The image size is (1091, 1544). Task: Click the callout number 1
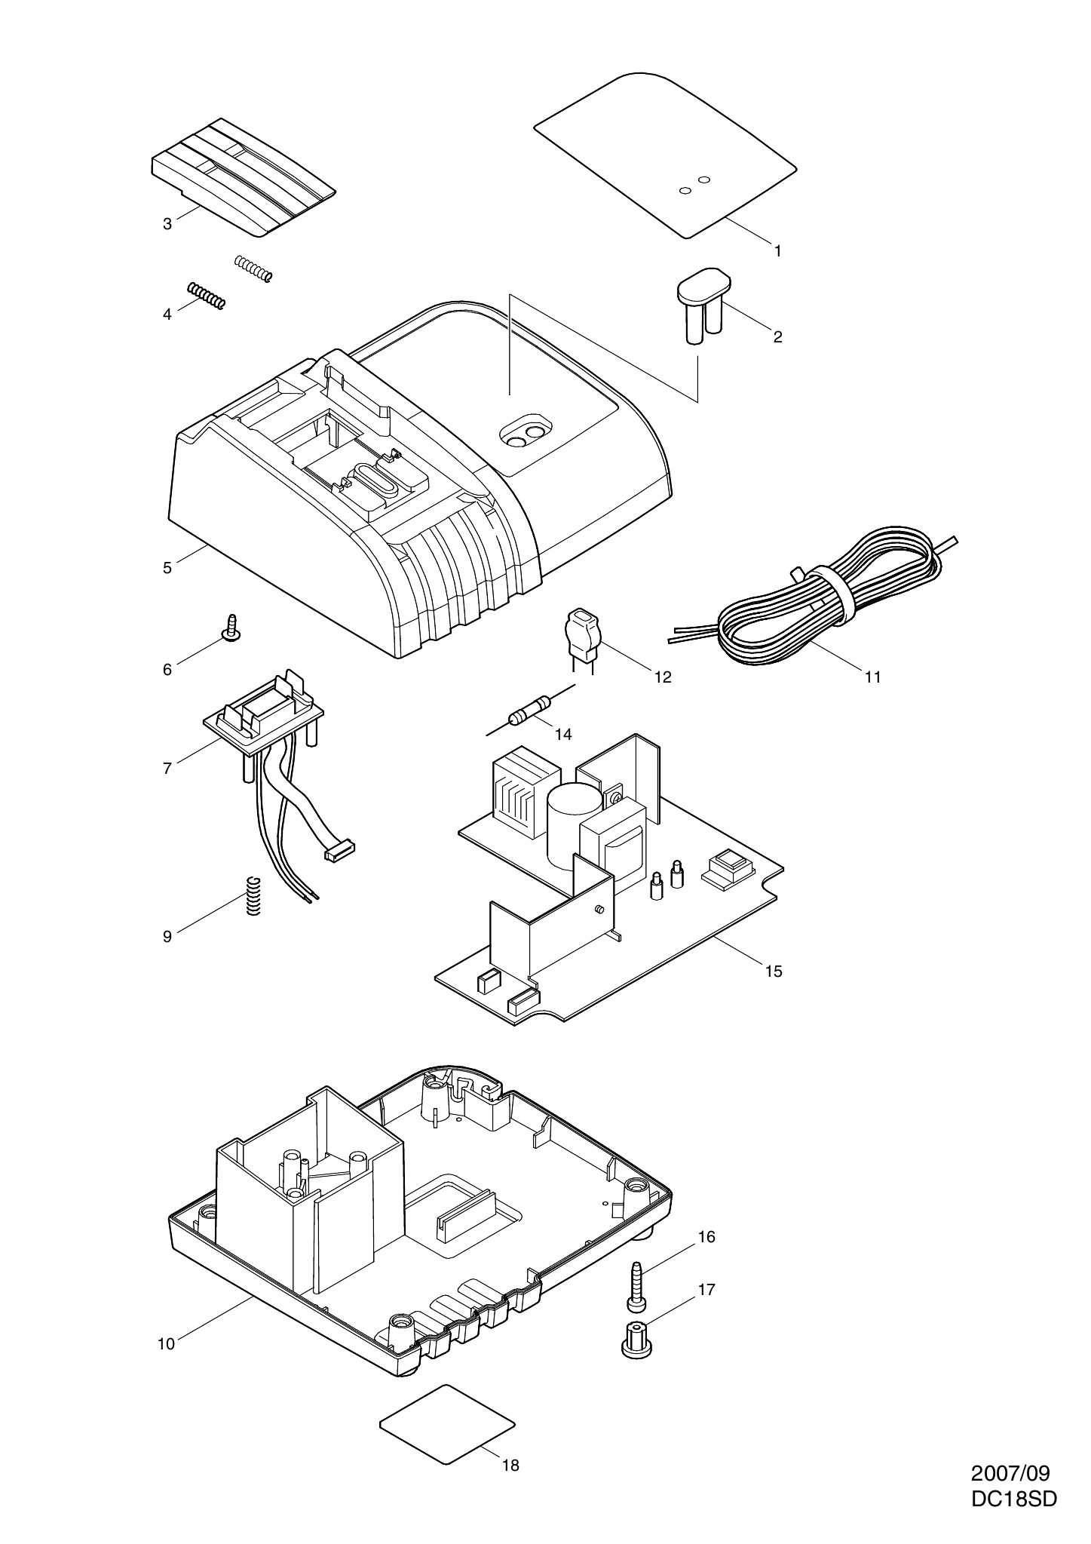tap(777, 250)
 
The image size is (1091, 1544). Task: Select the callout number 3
tap(167, 223)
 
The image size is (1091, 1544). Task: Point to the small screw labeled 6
tap(231, 628)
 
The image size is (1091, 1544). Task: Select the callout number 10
tap(166, 1343)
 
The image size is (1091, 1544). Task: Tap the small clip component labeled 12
tap(581, 631)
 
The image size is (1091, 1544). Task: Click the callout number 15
tap(774, 971)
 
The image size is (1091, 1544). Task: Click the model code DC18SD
tap(1013, 1498)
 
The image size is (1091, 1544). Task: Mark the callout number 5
tap(167, 568)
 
